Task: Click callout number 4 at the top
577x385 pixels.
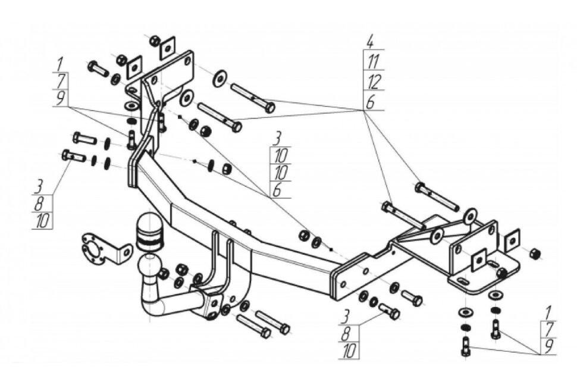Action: [370, 42]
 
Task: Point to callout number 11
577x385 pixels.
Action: [373, 61]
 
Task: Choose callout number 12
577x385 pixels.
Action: [373, 82]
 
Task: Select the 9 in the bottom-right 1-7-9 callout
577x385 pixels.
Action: [548, 346]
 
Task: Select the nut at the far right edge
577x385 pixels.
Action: [535, 254]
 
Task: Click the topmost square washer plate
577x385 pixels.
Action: [167, 48]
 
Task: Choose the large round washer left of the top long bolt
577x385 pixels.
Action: [219, 78]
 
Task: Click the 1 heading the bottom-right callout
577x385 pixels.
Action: [548, 313]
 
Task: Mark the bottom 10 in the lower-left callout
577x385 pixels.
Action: [43, 221]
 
